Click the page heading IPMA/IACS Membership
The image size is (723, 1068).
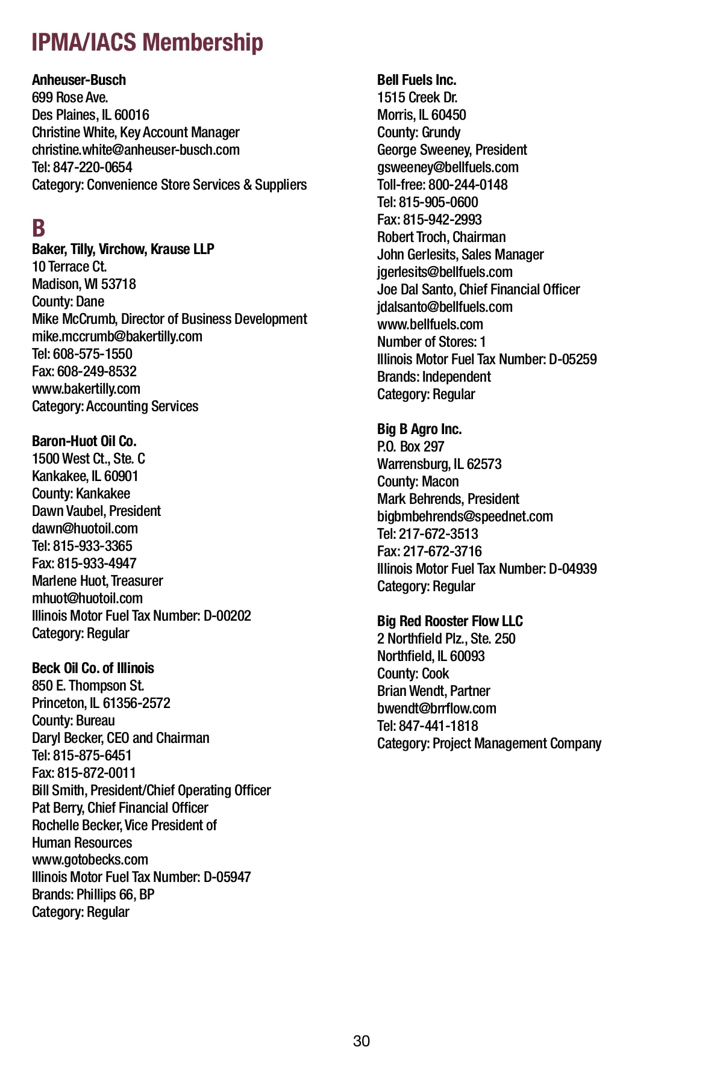[x=147, y=43]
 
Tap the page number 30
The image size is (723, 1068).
[x=361, y=1041]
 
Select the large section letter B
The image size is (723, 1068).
[x=39, y=228]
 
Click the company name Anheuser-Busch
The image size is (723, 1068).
[x=79, y=80]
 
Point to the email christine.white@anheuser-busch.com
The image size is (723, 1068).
[x=136, y=150]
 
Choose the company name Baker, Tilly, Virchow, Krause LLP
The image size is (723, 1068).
[x=123, y=249]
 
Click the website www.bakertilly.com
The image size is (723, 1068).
[x=86, y=389]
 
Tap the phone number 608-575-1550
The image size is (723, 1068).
[x=93, y=354]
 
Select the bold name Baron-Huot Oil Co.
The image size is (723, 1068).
[x=84, y=441]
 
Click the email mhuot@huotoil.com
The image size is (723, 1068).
[x=87, y=598]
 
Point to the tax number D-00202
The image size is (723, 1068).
[x=227, y=616]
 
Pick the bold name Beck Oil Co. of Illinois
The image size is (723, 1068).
[x=93, y=668]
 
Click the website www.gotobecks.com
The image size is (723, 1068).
[x=90, y=860]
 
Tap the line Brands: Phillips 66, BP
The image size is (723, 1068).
[x=93, y=895]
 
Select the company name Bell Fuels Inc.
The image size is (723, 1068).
[x=416, y=80]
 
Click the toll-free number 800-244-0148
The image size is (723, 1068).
[x=468, y=185]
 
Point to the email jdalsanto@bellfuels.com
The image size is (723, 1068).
[x=445, y=307]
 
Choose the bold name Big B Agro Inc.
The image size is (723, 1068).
[x=419, y=429]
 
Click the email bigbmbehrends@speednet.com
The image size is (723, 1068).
[x=465, y=517]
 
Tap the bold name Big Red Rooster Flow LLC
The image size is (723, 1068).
[x=450, y=621]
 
